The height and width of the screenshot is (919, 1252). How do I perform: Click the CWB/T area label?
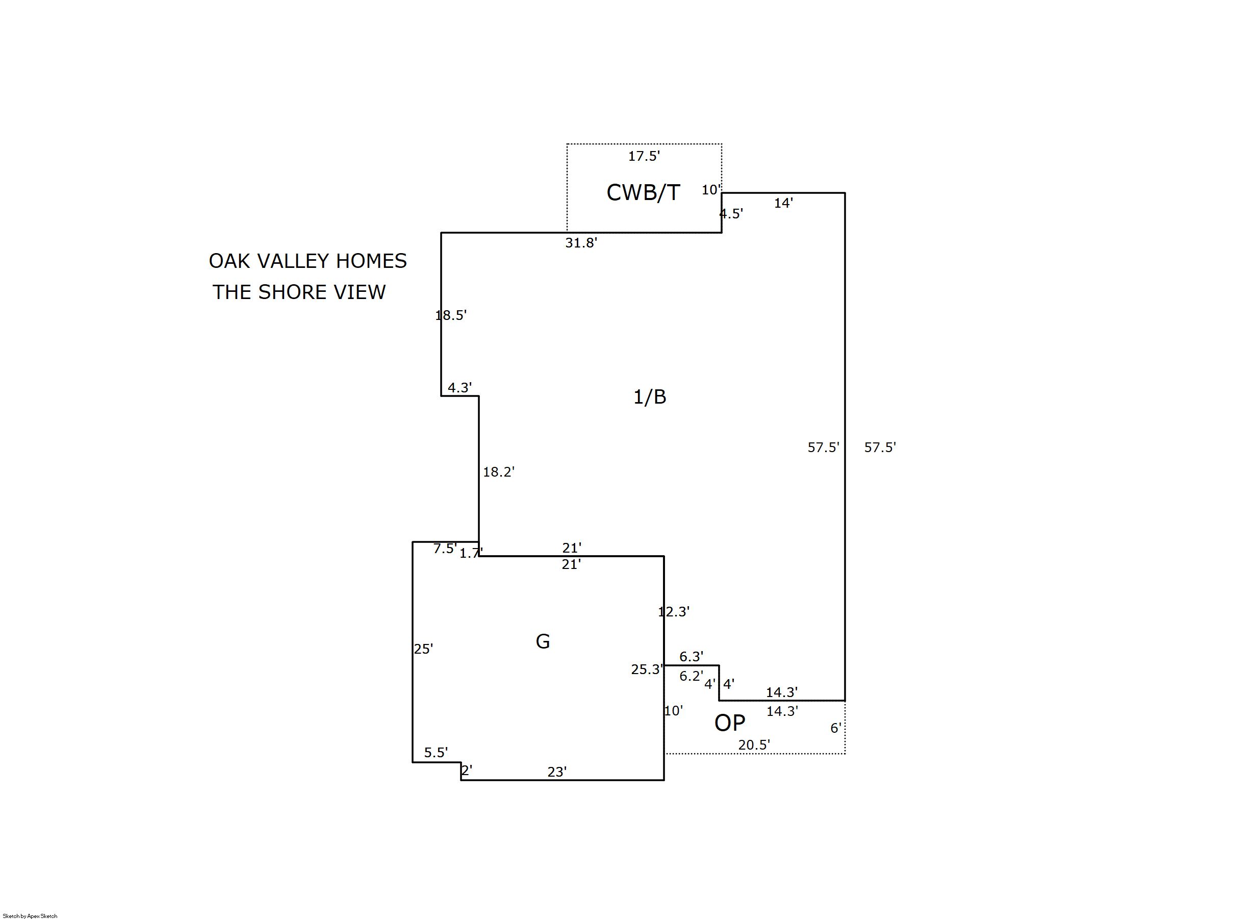643,192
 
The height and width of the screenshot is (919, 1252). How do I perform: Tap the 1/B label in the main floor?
649,396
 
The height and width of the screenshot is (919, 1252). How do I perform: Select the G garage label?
543,641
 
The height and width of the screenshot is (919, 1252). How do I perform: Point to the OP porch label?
729,723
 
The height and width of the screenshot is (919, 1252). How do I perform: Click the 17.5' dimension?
644,156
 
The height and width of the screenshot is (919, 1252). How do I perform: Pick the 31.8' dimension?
581,243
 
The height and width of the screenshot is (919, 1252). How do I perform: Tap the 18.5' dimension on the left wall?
451,315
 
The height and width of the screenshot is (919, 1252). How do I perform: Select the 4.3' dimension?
460,388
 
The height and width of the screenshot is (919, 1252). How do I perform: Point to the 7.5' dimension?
445,549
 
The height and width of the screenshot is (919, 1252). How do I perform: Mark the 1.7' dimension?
471,554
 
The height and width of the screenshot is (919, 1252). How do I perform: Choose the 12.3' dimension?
674,612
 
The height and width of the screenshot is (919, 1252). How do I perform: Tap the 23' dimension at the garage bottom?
557,772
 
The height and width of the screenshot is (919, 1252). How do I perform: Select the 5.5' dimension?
436,753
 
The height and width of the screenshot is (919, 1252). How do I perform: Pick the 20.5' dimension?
754,745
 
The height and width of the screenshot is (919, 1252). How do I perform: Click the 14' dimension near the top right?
783,204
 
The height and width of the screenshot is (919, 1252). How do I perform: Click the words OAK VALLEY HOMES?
308,261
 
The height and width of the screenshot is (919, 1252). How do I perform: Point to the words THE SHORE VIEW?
299,292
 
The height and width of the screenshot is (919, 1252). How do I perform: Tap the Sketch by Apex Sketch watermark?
30,915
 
